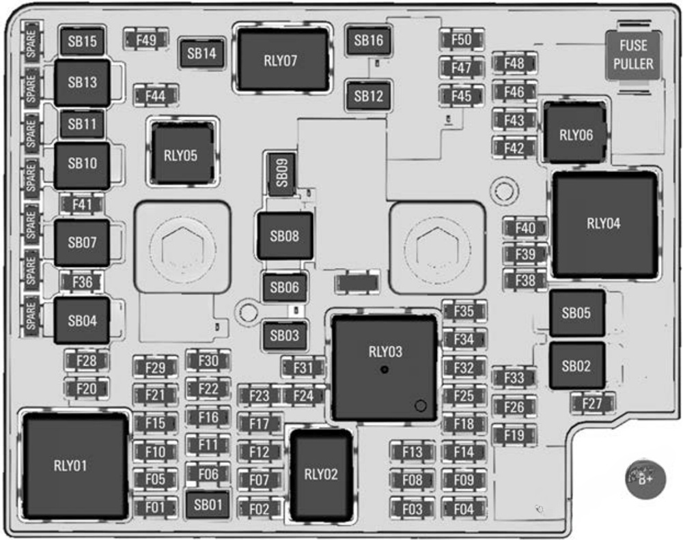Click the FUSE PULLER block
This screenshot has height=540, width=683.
click(x=633, y=55)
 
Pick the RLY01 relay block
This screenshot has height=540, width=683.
click(x=71, y=466)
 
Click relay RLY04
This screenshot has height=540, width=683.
click(x=604, y=223)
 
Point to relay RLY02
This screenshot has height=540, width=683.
click(x=320, y=474)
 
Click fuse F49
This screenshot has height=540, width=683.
click(x=145, y=40)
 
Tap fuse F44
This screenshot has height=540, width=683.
click(x=156, y=96)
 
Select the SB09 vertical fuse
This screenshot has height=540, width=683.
click(x=281, y=175)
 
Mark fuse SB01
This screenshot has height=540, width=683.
click(x=208, y=505)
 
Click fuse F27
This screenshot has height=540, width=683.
click(x=591, y=403)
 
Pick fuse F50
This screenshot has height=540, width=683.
click(x=462, y=40)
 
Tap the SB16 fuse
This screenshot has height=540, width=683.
click(x=369, y=41)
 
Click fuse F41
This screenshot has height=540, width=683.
click(x=82, y=204)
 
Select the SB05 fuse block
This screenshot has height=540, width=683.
click(x=576, y=313)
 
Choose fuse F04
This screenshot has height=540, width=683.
click(x=463, y=509)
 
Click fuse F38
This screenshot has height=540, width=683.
click(x=525, y=279)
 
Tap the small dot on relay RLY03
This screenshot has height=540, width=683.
click(x=385, y=369)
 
